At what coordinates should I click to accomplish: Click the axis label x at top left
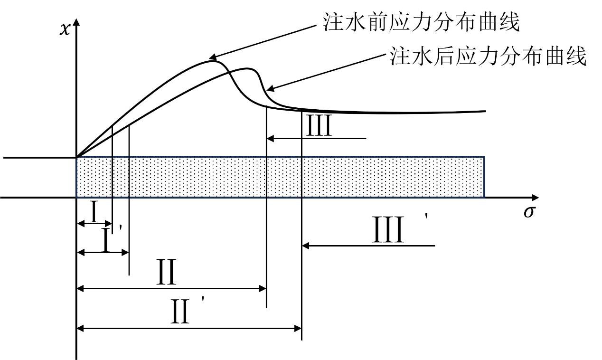[x=64, y=29]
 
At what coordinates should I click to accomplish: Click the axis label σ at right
[x=529, y=211]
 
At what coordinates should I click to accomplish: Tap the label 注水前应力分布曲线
[x=421, y=22]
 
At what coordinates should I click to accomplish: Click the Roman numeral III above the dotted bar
[x=319, y=127]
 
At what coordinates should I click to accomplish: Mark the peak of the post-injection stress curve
[x=248, y=68]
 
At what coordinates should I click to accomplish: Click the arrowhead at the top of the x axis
[x=76, y=21]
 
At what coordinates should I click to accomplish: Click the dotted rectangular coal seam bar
[x=280, y=177]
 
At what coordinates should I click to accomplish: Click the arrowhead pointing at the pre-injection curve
[x=211, y=57]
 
